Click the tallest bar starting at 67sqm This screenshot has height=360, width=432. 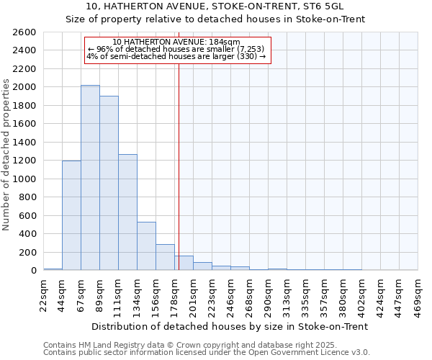pyautogui.click(x=90, y=178)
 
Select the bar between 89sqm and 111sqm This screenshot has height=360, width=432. pyautogui.click(x=109, y=183)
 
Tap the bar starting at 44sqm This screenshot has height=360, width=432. pyautogui.click(x=71, y=215)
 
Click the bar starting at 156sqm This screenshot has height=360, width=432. pyautogui.click(x=165, y=257)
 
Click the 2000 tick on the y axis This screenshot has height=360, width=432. pyautogui.click(x=25, y=87)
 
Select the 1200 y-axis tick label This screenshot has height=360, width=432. pyautogui.click(x=25, y=161)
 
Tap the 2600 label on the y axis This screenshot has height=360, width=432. pyautogui.click(x=25, y=32)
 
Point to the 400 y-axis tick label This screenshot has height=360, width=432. pyautogui.click(x=28, y=234)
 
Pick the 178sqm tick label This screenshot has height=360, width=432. pyautogui.click(x=174, y=294)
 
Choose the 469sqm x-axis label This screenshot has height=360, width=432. pyautogui.click(x=418, y=294)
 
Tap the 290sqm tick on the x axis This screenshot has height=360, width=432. pyautogui.click(x=268, y=294)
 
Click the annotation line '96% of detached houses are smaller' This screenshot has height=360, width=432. pyautogui.click(x=177, y=49)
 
